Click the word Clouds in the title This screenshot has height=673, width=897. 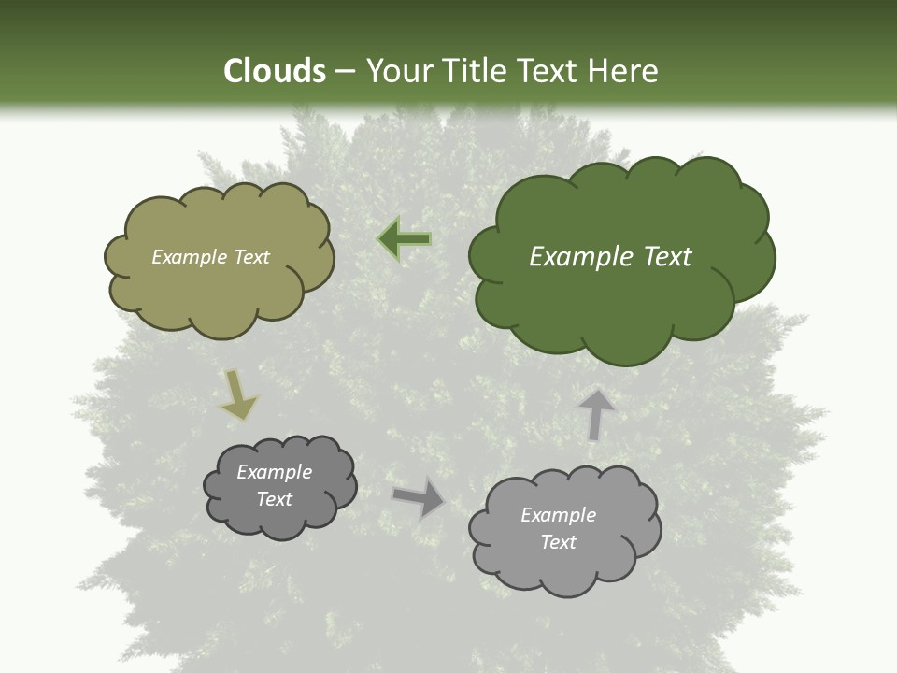click(x=274, y=71)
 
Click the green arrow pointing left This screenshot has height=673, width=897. click(x=405, y=239)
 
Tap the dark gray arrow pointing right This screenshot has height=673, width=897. click(x=419, y=497)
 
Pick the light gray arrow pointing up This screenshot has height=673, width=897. click(x=595, y=414)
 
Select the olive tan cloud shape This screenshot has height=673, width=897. click(x=219, y=290)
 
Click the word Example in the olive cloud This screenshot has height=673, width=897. click(x=190, y=257)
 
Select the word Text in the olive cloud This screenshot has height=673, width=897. click(x=250, y=257)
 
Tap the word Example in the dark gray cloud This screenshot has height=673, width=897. click(x=274, y=472)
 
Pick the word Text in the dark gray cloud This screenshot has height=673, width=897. click(x=274, y=499)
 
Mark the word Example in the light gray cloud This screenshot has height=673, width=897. click(x=558, y=515)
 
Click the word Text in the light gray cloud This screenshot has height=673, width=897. click(x=558, y=542)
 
